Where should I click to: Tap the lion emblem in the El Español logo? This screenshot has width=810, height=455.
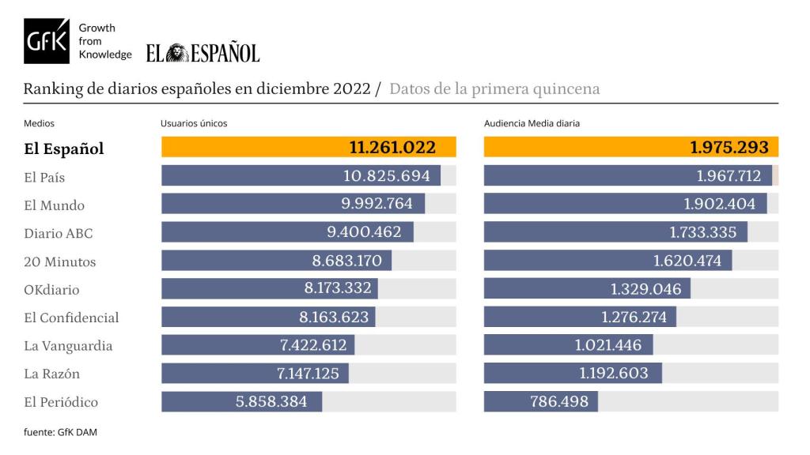(175, 53)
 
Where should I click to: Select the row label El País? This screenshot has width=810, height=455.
(44, 177)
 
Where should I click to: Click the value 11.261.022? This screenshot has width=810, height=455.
(403, 148)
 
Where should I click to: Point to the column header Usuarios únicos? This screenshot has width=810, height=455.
(194, 123)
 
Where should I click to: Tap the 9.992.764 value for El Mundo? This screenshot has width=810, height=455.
(377, 204)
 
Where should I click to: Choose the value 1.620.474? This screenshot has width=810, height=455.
(687, 261)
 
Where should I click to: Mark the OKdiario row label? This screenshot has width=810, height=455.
(51, 290)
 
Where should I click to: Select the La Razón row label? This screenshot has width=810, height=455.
(52, 374)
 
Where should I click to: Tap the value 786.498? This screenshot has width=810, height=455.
(559, 401)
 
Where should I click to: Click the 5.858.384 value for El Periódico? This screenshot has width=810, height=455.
(271, 401)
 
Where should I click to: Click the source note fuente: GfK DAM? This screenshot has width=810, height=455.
(60, 431)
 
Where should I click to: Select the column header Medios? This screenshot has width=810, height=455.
(39, 123)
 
